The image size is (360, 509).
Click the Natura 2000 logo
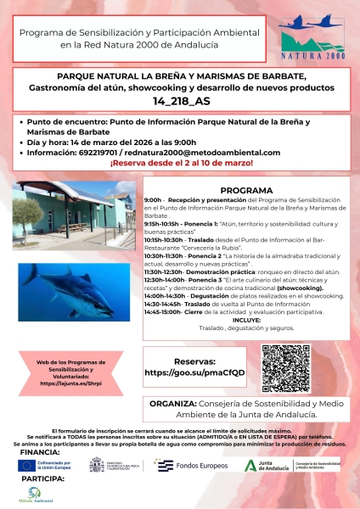(x=307, y=40)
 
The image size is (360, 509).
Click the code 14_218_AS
(x=179, y=99)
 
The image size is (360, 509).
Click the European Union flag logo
(x=33, y=465)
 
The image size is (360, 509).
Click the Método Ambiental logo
(x=31, y=498)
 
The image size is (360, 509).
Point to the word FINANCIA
(x=37, y=451)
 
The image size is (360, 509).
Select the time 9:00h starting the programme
(x=155, y=200)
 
